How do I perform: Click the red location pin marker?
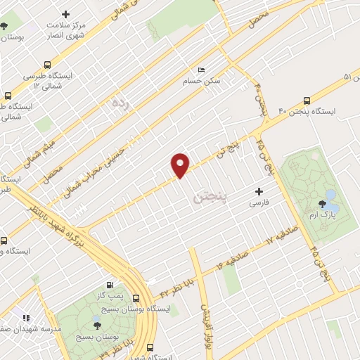[181, 165]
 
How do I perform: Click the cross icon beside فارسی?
[259, 191]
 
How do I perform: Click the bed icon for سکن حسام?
[202, 70]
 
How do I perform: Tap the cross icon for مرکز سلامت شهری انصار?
[65, 14]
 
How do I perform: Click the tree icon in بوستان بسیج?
[96, 326]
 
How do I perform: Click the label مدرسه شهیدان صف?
[30, 328]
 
